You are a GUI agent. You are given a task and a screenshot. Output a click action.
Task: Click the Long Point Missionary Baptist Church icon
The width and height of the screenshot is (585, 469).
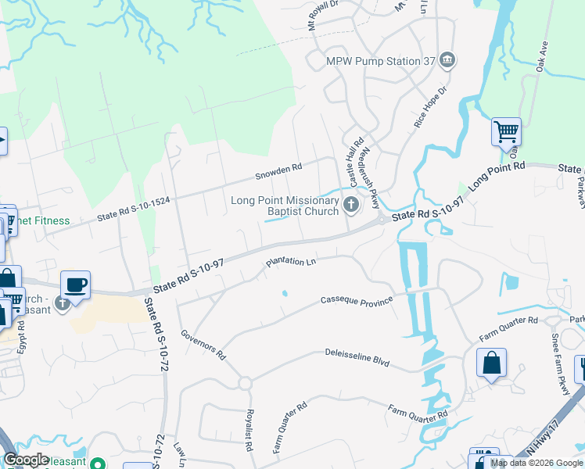tap(351, 206)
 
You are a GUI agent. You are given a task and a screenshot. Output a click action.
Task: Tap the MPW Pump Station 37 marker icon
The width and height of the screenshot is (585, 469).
tap(447, 60)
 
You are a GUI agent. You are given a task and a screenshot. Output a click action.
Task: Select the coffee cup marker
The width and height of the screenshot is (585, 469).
tap(75, 285)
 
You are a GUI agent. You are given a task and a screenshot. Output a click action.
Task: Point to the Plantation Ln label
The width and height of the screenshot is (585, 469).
tap(289, 263)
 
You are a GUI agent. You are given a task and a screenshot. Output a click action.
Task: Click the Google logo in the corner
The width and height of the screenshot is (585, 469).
tap(26, 460)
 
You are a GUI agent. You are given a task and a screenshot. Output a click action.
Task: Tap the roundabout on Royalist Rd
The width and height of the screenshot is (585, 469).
tap(244, 383)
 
